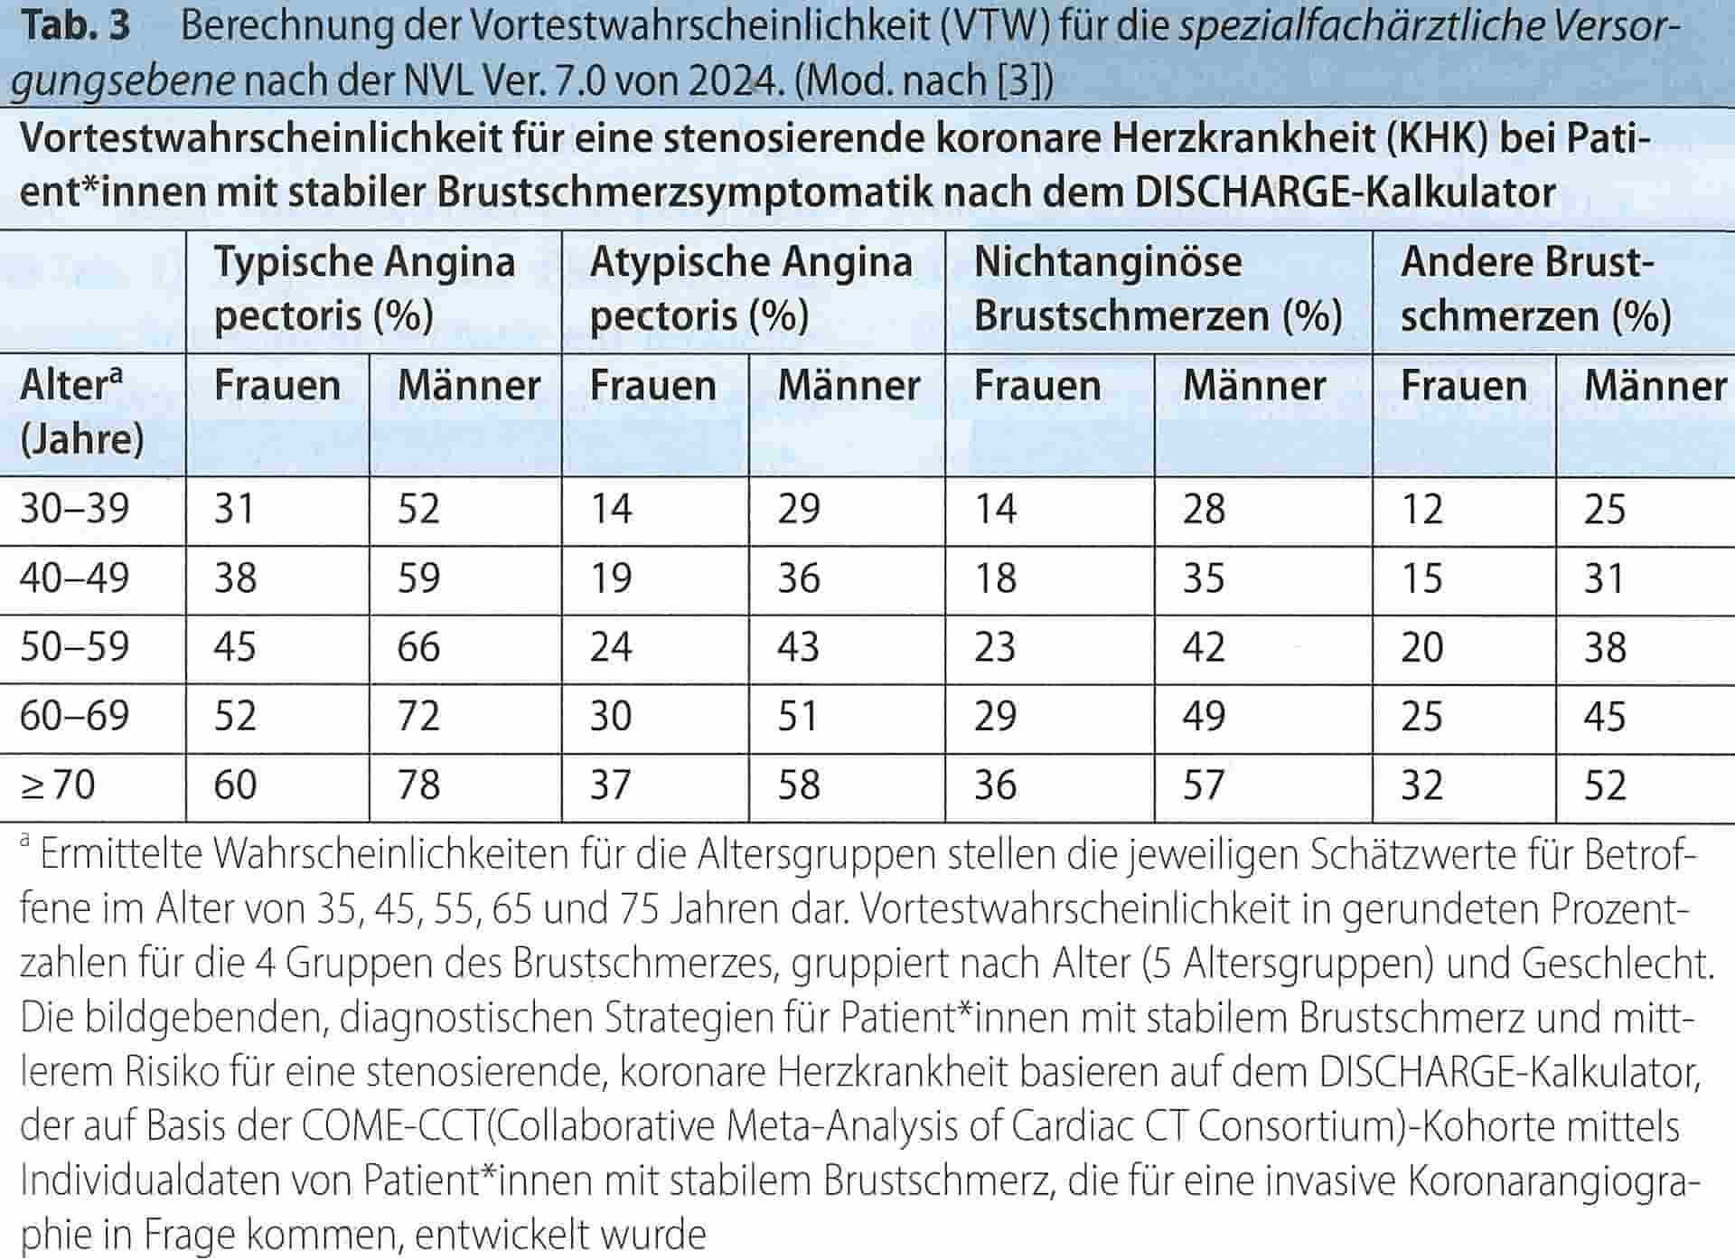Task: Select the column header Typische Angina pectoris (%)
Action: pos(364,288)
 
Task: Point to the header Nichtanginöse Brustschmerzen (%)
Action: pos(1158,288)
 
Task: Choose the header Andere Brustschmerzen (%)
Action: pos(1535,288)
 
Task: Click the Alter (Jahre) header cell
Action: pos(82,412)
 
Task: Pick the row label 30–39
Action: pos(74,509)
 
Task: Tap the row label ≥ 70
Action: pos(58,785)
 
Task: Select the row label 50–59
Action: pos(74,647)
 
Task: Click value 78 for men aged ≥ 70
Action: pos(418,785)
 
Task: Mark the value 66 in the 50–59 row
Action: pos(418,647)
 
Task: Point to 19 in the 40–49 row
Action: pos(611,578)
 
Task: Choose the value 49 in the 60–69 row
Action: pos(1204,716)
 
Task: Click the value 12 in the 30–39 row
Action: pos(1421,509)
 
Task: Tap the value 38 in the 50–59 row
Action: pos(1605,647)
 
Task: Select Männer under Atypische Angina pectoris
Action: pos(849,386)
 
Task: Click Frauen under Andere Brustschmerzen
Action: pos(1463,386)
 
